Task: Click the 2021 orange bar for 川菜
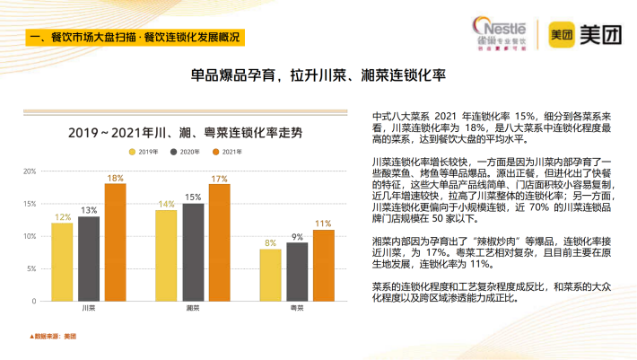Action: pos(115,241)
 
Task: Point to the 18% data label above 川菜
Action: pos(115,178)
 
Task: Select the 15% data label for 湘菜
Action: pos(193,197)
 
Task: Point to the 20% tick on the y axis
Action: pos(30,171)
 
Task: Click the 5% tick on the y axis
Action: pos(31,268)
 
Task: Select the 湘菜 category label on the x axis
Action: pos(192,309)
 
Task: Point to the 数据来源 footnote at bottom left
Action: pos(54,336)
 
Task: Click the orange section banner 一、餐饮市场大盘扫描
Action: pos(135,37)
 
